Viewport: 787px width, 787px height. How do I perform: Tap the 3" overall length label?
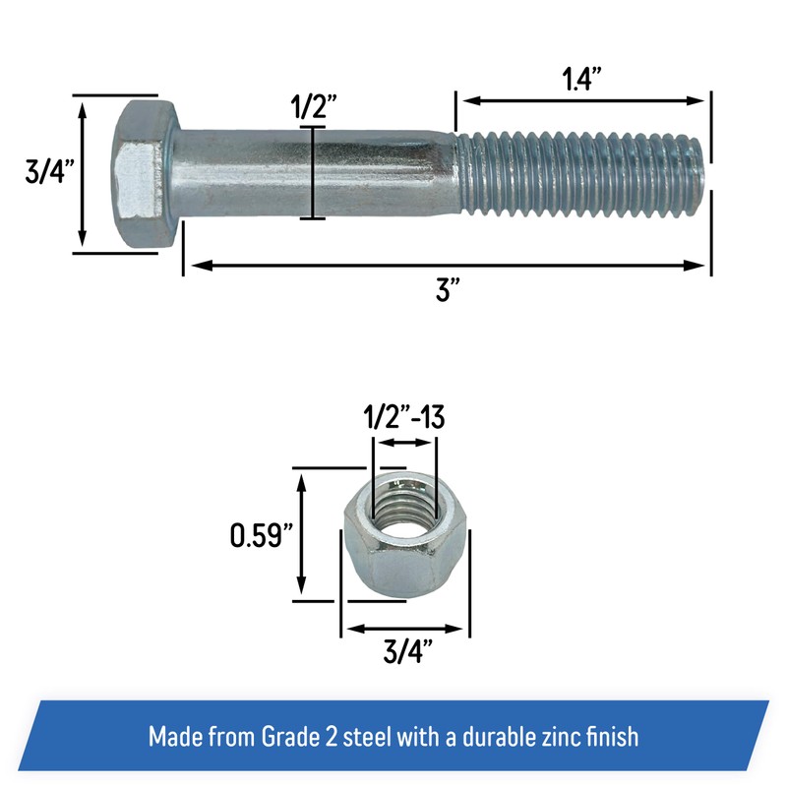(x=448, y=291)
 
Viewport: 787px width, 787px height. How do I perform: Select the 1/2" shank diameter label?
(x=312, y=106)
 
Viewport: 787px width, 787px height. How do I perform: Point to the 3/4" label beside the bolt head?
(x=46, y=174)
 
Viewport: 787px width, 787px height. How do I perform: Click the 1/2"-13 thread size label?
(x=404, y=417)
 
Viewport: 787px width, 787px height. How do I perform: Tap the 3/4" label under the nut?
(x=405, y=651)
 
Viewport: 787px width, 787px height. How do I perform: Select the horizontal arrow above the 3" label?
(x=448, y=265)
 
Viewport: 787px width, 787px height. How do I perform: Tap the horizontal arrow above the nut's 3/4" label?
(x=405, y=628)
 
